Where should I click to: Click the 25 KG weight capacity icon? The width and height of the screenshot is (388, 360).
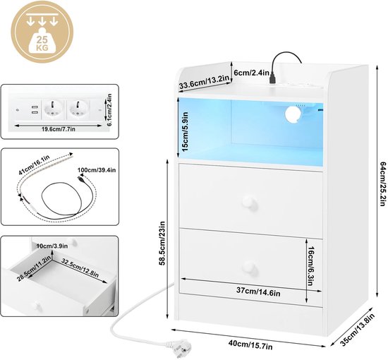42,32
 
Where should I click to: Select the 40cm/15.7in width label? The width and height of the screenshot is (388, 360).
250,344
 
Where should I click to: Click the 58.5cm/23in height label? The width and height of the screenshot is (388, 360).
162,244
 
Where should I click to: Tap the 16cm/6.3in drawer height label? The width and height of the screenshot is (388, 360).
310,266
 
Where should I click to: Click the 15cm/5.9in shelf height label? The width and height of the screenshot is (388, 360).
185,131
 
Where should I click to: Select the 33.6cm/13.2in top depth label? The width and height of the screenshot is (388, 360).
204,82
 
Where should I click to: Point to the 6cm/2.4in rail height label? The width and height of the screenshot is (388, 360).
251,73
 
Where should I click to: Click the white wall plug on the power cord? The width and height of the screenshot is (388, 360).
176,349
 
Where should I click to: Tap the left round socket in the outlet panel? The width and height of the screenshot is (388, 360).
52,109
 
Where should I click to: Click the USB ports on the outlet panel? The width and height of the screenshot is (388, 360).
35,110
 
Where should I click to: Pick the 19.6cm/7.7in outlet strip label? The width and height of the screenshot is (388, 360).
59,129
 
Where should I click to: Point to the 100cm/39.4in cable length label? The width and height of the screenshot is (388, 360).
97,170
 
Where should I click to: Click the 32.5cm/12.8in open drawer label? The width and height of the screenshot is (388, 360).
80,268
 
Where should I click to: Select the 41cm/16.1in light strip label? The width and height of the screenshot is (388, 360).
34,165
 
